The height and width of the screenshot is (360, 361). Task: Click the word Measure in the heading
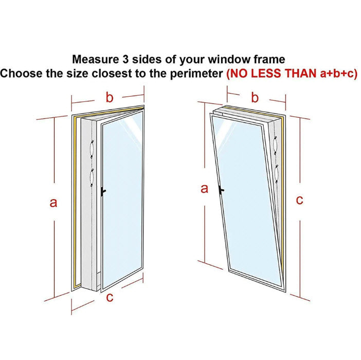[95, 59]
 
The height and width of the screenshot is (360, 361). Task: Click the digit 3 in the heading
[125, 59]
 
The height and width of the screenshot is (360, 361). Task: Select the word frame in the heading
[269, 59]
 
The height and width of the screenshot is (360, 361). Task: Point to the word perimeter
[196, 74]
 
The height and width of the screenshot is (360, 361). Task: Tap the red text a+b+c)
[338, 74]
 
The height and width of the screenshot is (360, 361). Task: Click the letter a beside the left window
[53, 203]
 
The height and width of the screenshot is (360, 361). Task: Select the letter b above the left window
[110, 97]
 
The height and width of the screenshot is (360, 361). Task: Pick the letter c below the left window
[110, 297]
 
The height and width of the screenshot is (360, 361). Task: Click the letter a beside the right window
[204, 189]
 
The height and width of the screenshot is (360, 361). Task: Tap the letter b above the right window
[255, 97]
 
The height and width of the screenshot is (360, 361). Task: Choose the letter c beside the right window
[299, 200]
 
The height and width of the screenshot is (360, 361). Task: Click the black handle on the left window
[103, 191]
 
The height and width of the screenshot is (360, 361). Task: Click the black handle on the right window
[221, 190]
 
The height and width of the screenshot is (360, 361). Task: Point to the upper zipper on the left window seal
[92, 149]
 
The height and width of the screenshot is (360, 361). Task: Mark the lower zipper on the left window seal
[92, 178]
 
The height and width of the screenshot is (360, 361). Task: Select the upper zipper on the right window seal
[275, 146]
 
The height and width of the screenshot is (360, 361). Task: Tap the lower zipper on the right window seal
[277, 174]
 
